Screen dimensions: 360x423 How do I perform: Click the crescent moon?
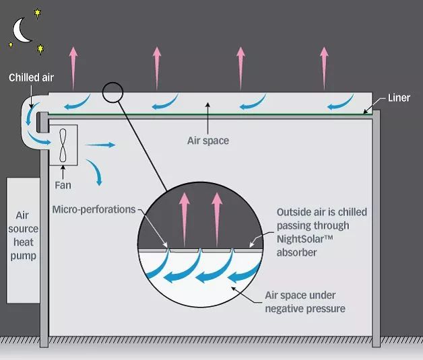(21, 30)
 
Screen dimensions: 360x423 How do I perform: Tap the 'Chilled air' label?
(31, 78)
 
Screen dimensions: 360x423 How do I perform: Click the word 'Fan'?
(63, 184)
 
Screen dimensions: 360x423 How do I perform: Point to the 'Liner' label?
(399, 98)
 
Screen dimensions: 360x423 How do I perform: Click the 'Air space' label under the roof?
(207, 141)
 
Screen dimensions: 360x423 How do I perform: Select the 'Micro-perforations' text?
(94, 209)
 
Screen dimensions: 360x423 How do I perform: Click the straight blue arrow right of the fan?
(100, 144)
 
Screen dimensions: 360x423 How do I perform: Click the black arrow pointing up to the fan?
(63, 172)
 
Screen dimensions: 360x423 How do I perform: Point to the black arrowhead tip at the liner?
(365, 112)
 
